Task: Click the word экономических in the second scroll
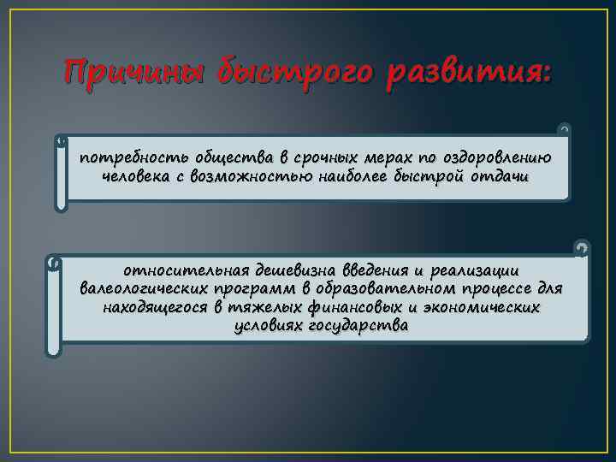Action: click(x=488, y=306)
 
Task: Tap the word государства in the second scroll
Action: click(x=359, y=326)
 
